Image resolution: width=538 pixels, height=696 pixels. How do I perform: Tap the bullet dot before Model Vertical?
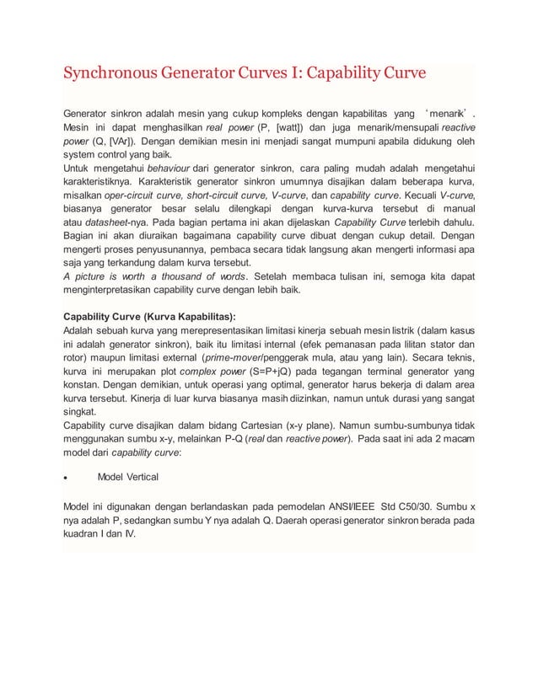[x=67, y=478]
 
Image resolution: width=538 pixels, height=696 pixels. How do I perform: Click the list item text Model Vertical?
[x=127, y=478]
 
